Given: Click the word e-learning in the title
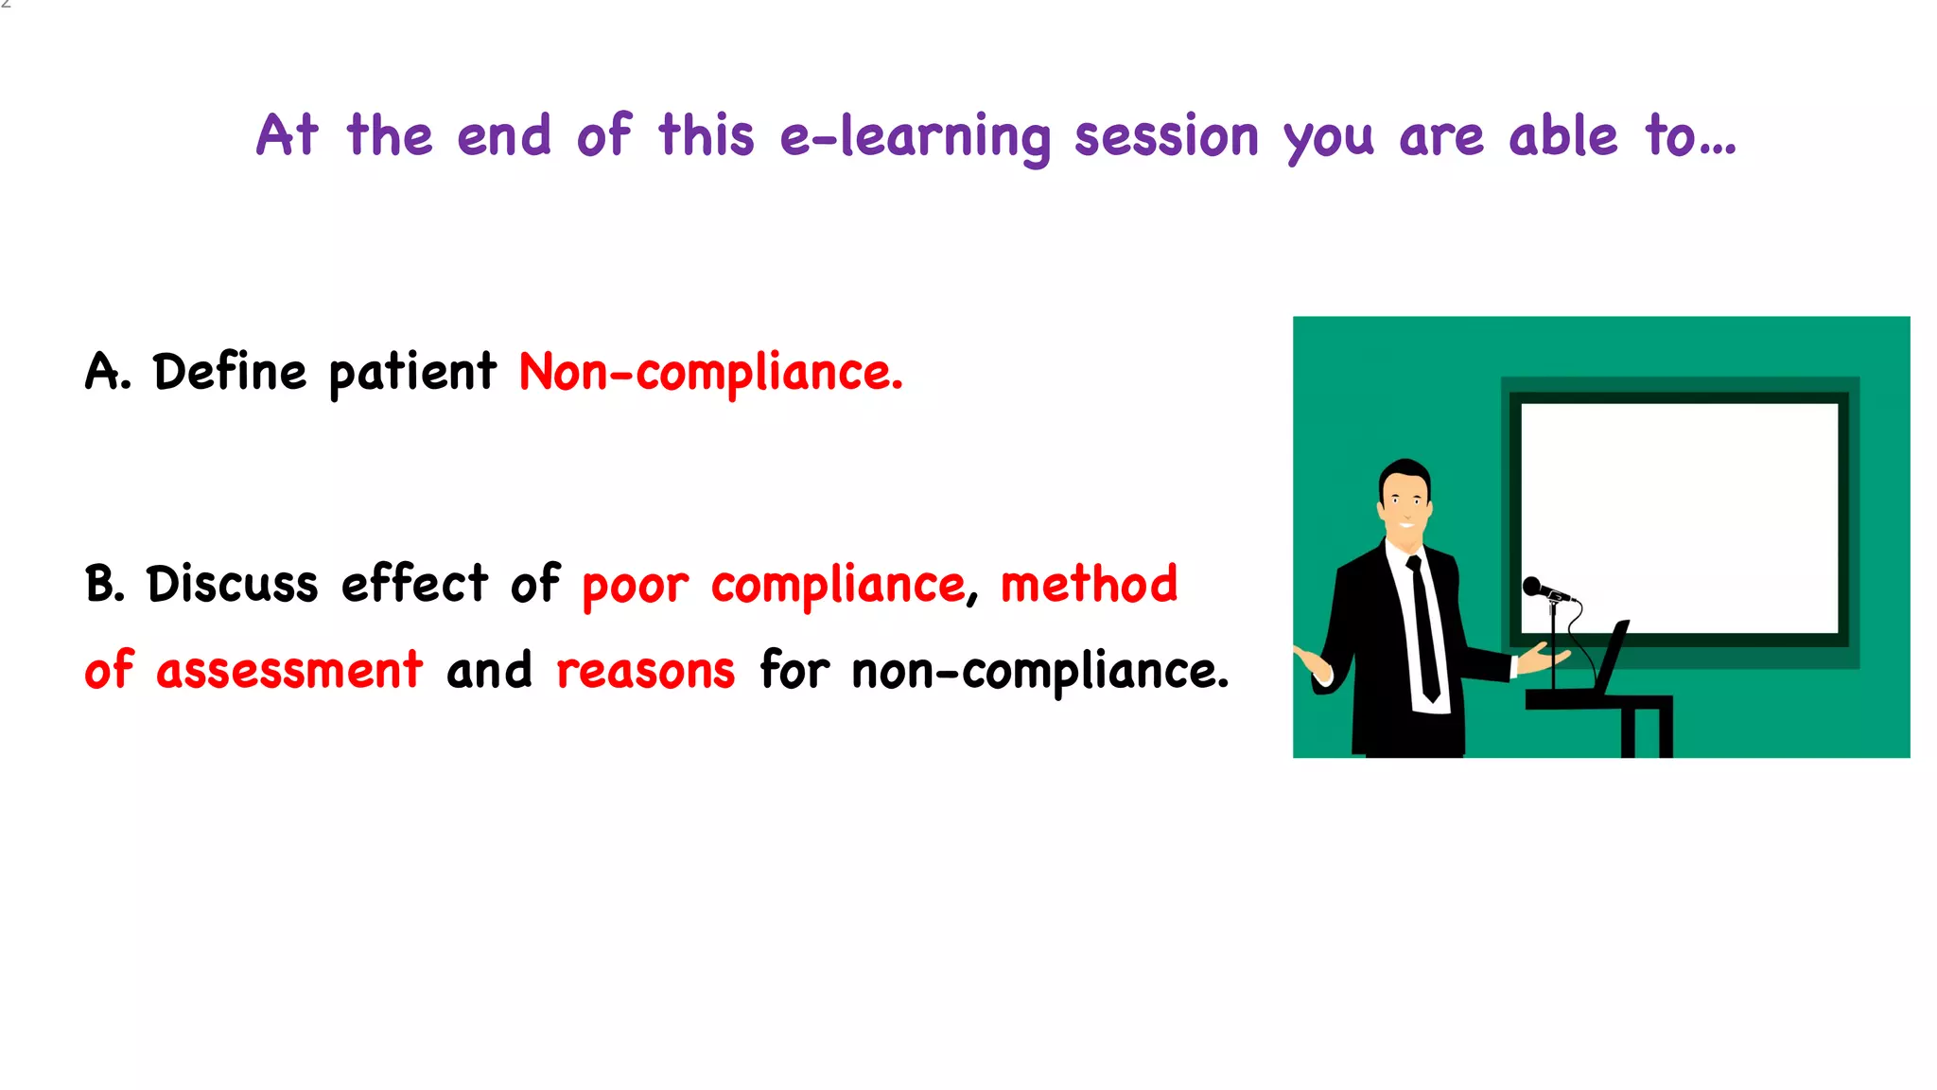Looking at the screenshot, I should [x=915, y=137].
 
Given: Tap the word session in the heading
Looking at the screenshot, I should [x=1166, y=137].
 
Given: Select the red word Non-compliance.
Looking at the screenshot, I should [x=710, y=373].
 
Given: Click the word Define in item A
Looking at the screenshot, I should [x=230, y=372].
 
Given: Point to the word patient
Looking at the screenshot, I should [x=412, y=373].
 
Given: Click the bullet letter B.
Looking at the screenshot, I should [x=103, y=584].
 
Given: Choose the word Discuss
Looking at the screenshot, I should [x=232, y=584].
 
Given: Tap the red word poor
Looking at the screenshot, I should [x=635, y=587].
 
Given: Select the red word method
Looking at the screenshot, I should [x=1089, y=584].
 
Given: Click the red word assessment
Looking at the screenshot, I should [x=289, y=671].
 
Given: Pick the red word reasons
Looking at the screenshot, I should [x=645, y=672].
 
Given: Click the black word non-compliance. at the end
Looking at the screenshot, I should [x=1039, y=672].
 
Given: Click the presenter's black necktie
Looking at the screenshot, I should [x=1423, y=624].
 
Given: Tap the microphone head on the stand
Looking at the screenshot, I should [x=1532, y=586].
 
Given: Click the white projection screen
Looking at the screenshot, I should [x=1679, y=516].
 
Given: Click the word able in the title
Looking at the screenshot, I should [x=1562, y=137].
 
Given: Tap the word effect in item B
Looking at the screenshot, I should [x=414, y=584].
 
